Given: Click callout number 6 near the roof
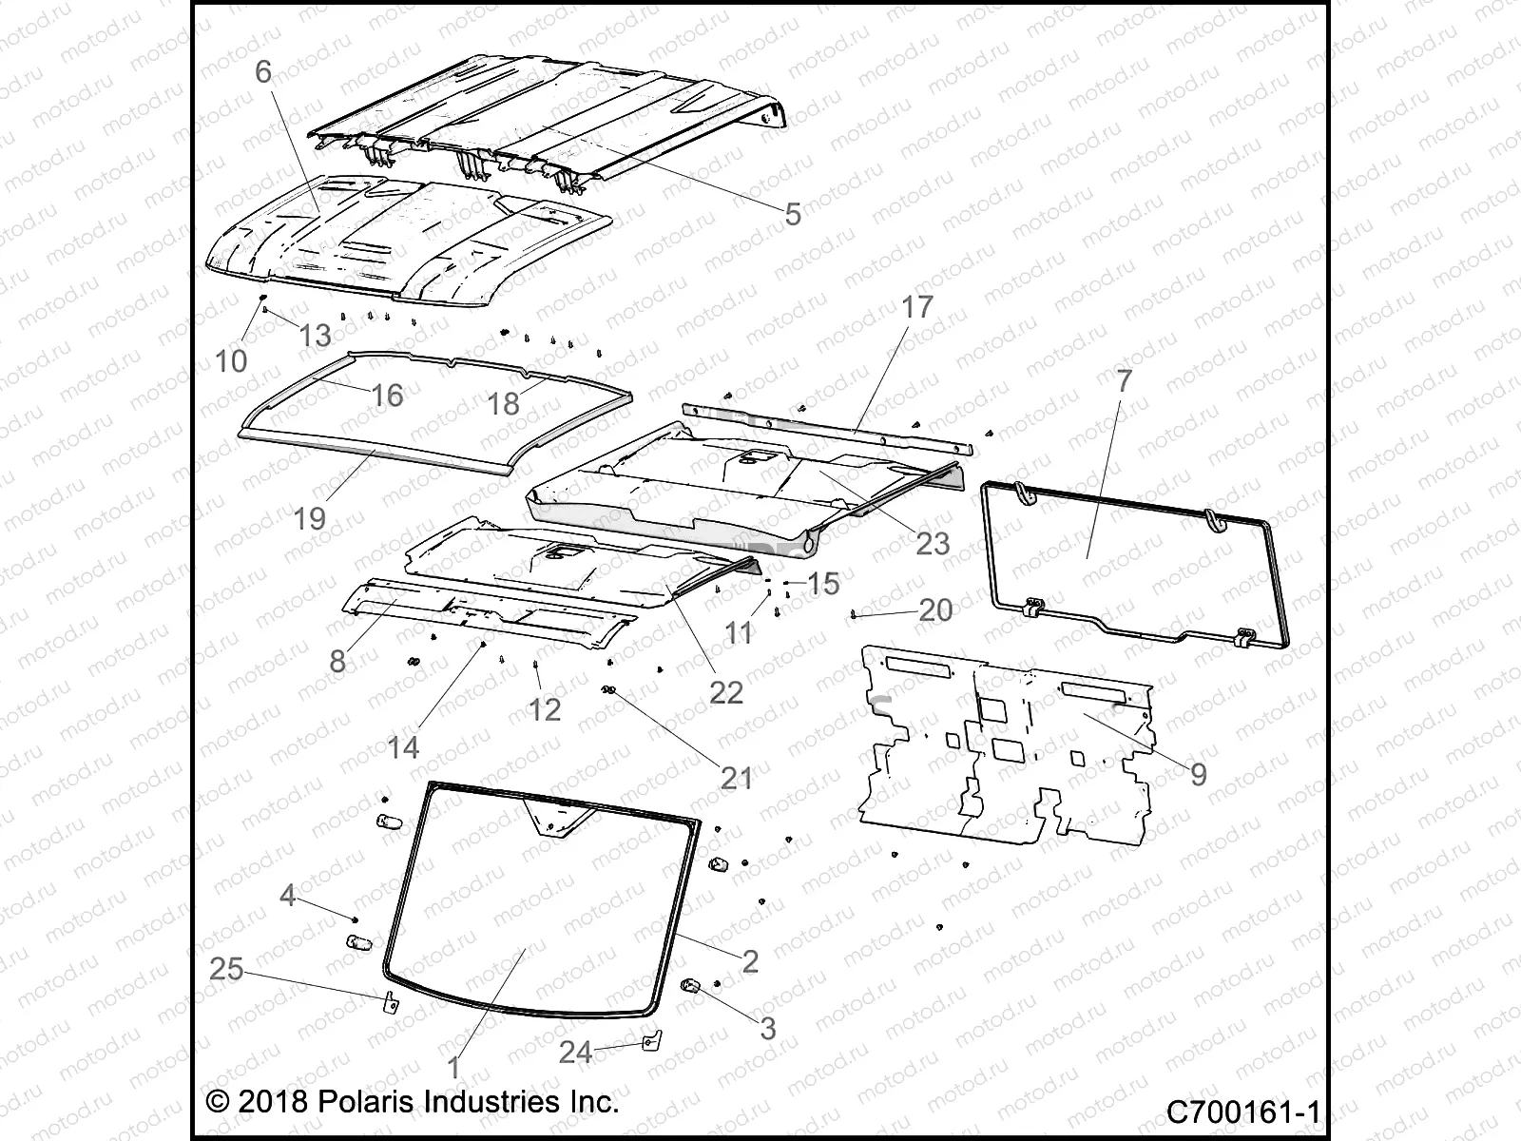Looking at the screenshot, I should (263, 71).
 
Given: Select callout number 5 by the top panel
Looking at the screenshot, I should (793, 214).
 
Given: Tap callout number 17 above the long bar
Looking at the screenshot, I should (917, 307).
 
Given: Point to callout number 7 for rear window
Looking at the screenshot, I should (1125, 381).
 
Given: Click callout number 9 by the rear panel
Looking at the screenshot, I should (1199, 774).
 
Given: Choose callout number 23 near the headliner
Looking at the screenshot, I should (933, 543).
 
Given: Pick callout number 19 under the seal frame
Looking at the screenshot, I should (310, 518).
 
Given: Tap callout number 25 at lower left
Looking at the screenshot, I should (226, 970).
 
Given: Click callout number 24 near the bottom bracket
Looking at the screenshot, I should (575, 1052).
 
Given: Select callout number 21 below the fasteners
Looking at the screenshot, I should (737, 778).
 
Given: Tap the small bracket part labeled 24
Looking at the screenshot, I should (649, 1042).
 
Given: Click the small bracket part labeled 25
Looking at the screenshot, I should (390, 1001).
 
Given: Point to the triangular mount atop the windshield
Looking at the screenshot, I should (559, 818).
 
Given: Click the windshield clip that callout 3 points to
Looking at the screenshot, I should (691, 985).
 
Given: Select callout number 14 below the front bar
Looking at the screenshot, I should (403, 747).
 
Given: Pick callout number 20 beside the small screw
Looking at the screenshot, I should (935, 609).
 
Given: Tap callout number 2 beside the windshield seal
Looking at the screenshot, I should (750, 961).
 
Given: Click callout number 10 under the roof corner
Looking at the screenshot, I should (231, 360).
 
